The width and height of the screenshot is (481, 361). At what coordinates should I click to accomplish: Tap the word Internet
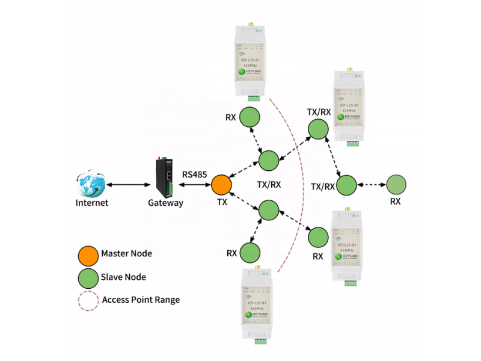(92, 203)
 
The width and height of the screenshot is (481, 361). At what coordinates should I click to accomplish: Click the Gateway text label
(165, 203)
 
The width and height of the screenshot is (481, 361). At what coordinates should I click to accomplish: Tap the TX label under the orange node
(222, 202)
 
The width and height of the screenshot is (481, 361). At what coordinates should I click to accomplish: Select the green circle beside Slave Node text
(88, 277)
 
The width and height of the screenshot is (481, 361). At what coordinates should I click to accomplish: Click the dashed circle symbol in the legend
(88, 300)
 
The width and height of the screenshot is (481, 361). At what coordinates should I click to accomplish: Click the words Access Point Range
(141, 300)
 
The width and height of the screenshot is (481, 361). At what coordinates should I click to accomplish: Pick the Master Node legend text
(126, 254)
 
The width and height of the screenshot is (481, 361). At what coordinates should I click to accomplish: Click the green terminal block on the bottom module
(260, 341)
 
